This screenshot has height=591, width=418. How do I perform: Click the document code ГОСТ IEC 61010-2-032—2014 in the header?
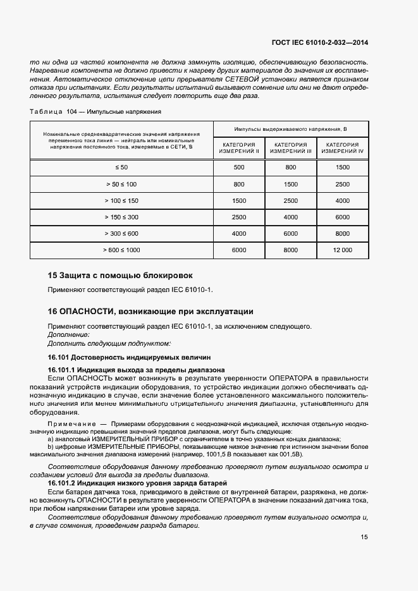(319, 42)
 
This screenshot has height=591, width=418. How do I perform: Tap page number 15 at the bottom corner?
(364, 537)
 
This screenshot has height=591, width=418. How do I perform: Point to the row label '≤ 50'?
(121, 168)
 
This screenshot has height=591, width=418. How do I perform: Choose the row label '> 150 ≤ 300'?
(121, 217)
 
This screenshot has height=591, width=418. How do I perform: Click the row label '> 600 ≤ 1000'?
(121, 250)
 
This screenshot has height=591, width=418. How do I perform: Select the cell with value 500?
(239, 168)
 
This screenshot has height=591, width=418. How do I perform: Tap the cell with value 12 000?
(342, 250)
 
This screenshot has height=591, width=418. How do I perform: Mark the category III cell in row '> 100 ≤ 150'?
(291, 200)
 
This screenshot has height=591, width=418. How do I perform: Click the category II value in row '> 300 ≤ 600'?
(239, 234)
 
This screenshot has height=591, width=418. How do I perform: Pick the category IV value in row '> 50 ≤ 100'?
(342, 184)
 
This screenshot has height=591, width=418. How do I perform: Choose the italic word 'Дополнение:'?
(68, 334)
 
